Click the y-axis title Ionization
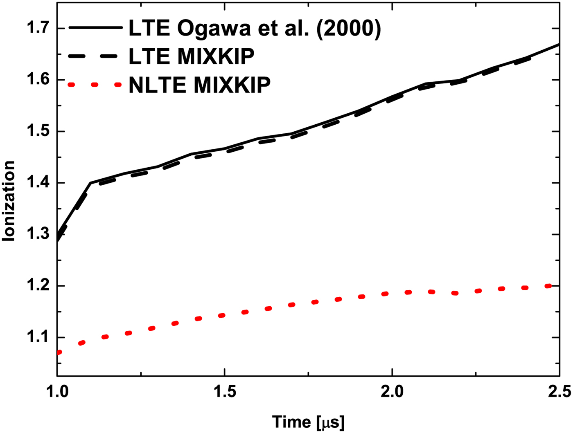coord(9,201)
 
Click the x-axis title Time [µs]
coord(308,422)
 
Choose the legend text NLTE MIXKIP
coord(199,85)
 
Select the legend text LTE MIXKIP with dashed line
coord(192,56)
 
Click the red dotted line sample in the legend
coord(95,85)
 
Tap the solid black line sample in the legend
coord(95,28)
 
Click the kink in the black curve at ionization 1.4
coord(90,183)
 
